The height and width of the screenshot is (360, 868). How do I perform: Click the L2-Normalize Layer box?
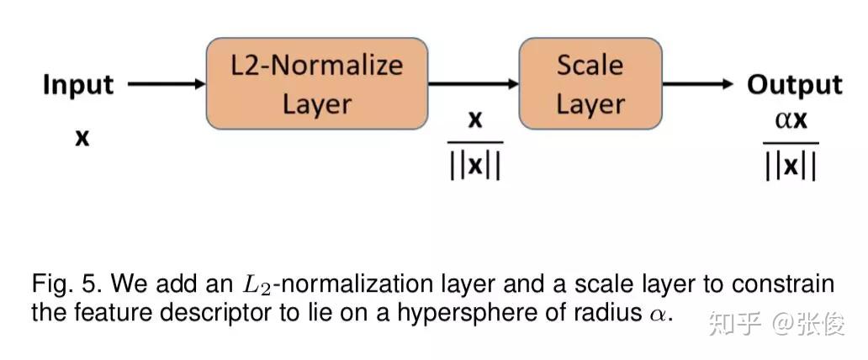[316, 83]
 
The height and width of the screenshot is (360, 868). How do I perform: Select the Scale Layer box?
[590, 83]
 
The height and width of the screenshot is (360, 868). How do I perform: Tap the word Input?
[77, 84]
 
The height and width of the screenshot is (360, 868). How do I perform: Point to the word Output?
[794, 84]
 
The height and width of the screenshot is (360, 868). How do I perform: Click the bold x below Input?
[82, 137]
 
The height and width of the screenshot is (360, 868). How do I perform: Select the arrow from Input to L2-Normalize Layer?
[167, 84]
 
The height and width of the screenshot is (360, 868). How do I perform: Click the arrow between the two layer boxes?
[473, 84]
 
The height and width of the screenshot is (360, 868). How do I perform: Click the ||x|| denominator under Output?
[791, 165]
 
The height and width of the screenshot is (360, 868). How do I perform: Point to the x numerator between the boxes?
[475, 120]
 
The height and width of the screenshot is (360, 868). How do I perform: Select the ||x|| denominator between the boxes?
[475, 165]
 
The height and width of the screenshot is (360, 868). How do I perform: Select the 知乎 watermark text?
[728, 323]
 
